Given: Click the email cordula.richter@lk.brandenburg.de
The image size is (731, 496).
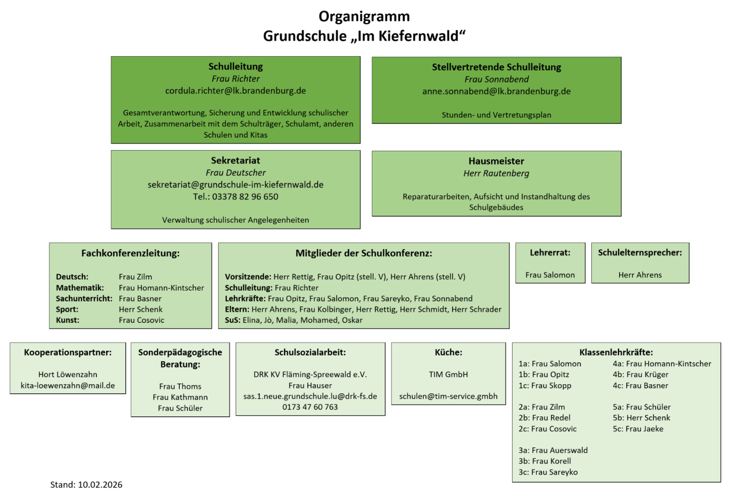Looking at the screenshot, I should pos(235,91).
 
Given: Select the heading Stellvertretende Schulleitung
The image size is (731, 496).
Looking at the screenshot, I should pos(496,67).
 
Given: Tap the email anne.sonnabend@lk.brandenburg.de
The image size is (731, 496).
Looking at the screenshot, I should pos(496,91).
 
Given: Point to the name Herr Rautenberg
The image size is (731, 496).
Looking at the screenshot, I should pos(496,173).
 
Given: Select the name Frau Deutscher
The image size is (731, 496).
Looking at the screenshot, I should pos(235,173).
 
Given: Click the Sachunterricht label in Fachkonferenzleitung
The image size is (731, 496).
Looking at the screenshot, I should pos(84,299).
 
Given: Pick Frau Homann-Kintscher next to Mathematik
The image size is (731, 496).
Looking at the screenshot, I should pos(161,288).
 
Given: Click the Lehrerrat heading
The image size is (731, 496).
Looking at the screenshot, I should pos(550,253).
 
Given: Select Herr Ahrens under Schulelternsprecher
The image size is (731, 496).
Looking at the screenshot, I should pos(640,275).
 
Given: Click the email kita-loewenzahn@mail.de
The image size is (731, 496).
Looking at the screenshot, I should pos(68,385).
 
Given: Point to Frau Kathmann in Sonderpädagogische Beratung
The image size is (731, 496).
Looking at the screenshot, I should pos(180,397).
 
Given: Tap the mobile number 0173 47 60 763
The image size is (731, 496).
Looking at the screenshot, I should pos(310,407).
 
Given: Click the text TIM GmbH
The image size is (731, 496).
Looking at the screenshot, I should pos(448,375).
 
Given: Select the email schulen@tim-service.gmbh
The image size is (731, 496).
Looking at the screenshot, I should pos(448,397).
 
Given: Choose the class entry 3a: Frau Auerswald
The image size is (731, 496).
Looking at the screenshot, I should pos(553,451).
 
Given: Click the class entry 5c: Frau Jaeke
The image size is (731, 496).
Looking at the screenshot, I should pos(638,429).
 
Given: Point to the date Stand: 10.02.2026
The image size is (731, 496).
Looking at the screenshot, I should pos(86,485).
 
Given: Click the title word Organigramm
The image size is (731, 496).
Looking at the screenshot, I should pos(364,17).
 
